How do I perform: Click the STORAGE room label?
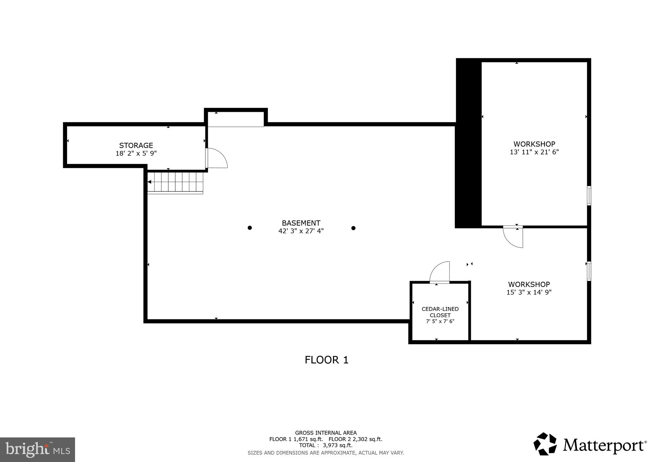click(136, 145)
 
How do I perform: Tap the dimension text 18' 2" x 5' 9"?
click(136, 153)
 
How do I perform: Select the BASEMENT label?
click(301, 223)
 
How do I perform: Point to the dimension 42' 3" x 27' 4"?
click(301, 231)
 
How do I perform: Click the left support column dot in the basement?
click(250, 228)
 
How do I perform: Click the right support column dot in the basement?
click(353, 228)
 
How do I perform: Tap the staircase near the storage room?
click(175, 182)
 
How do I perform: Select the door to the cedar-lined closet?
click(440, 273)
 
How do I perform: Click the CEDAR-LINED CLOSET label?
click(440, 312)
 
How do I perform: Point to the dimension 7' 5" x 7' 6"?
click(440, 321)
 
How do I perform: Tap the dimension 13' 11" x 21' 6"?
click(534, 152)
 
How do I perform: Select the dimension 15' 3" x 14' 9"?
click(529, 292)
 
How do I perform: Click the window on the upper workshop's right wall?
click(589, 195)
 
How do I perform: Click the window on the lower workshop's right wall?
click(589, 271)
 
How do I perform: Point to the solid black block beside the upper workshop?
click(468, 144)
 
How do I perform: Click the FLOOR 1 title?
click(326, 360)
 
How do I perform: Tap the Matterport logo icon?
click(545, 444)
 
